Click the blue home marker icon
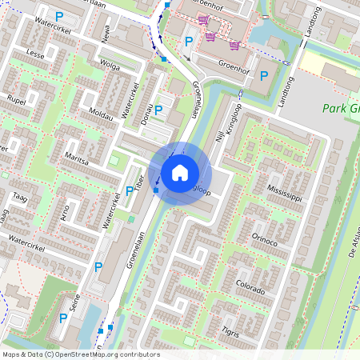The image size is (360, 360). (180, 172)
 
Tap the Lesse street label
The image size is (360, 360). (35, 55)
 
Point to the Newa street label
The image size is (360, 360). (106, 33)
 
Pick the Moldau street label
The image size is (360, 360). (102, 113)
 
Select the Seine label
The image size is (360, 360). (74, 303)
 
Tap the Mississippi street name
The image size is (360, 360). (286, 192)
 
